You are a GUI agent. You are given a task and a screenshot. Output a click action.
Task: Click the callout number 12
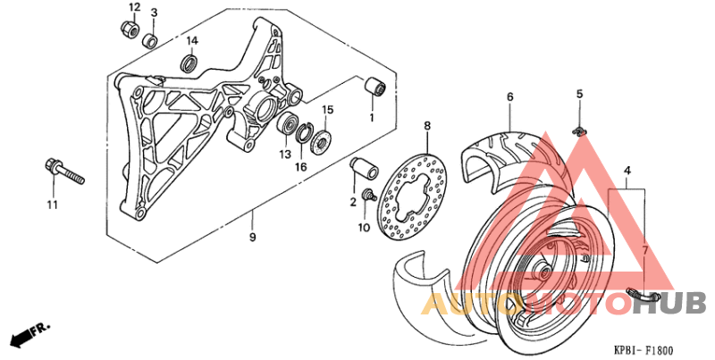point(134,8)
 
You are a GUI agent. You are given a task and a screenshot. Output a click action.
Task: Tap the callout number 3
point(154,13)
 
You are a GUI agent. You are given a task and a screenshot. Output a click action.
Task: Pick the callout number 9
point(253,238)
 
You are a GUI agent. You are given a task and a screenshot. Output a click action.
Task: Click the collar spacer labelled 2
point(362,170)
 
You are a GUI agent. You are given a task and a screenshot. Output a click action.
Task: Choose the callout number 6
point(509,96)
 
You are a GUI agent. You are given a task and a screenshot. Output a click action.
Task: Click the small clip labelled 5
point(579,132)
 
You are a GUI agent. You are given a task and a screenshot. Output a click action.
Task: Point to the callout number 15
point(327,110)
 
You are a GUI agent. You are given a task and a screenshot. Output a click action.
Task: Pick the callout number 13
point(285,155)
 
